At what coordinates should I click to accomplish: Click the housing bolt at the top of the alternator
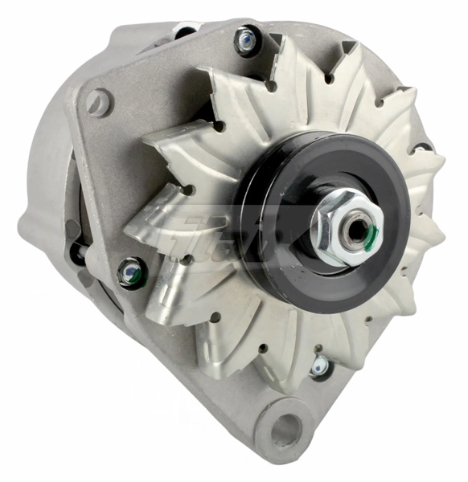[x=247, y=39]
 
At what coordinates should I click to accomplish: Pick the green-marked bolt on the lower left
[x=130, y=274]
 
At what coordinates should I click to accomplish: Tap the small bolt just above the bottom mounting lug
[x=319, y=366]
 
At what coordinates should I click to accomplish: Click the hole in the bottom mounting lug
[x=285, y=431]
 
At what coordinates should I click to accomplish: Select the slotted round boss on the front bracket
[x=98, y=102]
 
